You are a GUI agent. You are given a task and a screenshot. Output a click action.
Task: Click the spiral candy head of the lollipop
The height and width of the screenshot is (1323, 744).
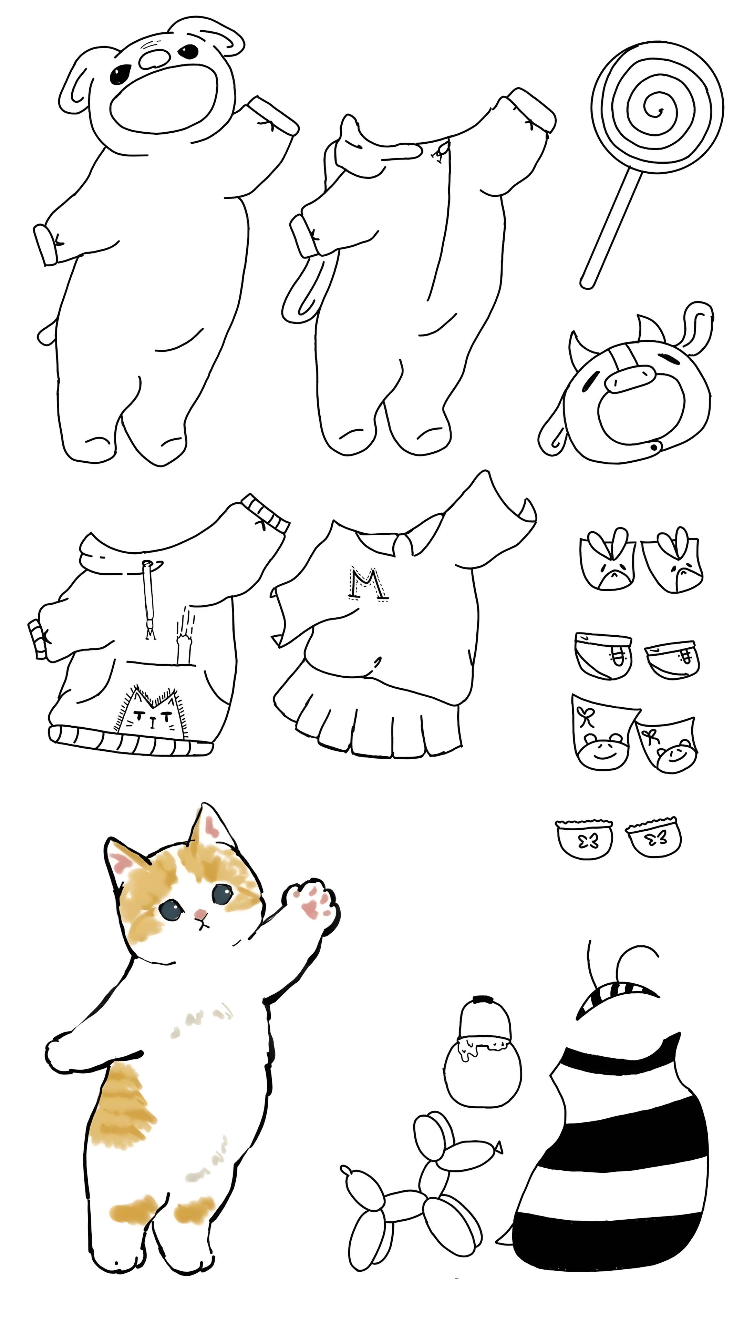pyautogui.click(x=657, y=108)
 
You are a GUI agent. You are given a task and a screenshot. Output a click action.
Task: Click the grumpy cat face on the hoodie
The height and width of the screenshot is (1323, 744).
pyautogui.click(x=149, y=712)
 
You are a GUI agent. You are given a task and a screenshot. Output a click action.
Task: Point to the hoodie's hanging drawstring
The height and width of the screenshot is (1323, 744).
pyautogui.click(x=150, y=599)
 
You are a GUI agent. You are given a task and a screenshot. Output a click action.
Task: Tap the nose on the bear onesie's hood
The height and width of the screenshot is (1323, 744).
pyautogui.click(x=154, y=59)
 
